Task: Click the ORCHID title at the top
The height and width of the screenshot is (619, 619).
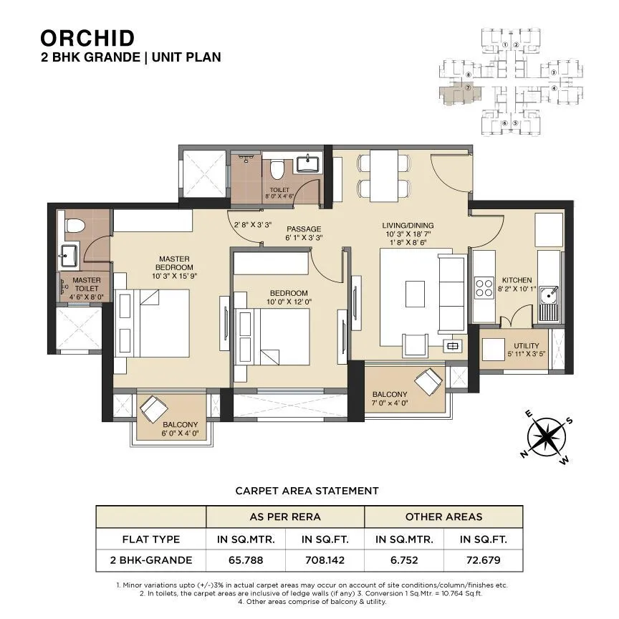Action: click(x=87, y=37)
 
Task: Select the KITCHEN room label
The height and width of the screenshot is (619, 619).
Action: click(x=517, y=280)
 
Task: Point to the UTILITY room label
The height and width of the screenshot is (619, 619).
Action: click(x=527, y=346)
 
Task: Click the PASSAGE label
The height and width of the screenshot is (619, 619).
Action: click(x=284, y=229)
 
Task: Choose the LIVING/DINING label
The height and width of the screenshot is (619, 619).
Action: click(x=408, y=225)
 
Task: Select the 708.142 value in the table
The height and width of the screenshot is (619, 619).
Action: click(x=325, y=560)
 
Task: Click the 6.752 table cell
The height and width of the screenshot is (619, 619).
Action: click(x=404, y=560)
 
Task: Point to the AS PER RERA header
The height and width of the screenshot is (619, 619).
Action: click(x=285, y=517)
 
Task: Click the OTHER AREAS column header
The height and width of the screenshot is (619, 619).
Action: click(x=443, y=517)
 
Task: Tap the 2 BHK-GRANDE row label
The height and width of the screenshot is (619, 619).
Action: click(x=151, y=560)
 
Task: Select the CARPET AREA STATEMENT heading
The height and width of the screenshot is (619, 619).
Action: click(x=307, y=491)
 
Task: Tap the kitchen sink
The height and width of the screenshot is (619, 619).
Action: click(x=550, y=292)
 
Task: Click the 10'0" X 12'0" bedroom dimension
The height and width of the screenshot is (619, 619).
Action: click(x=289, y=302)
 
